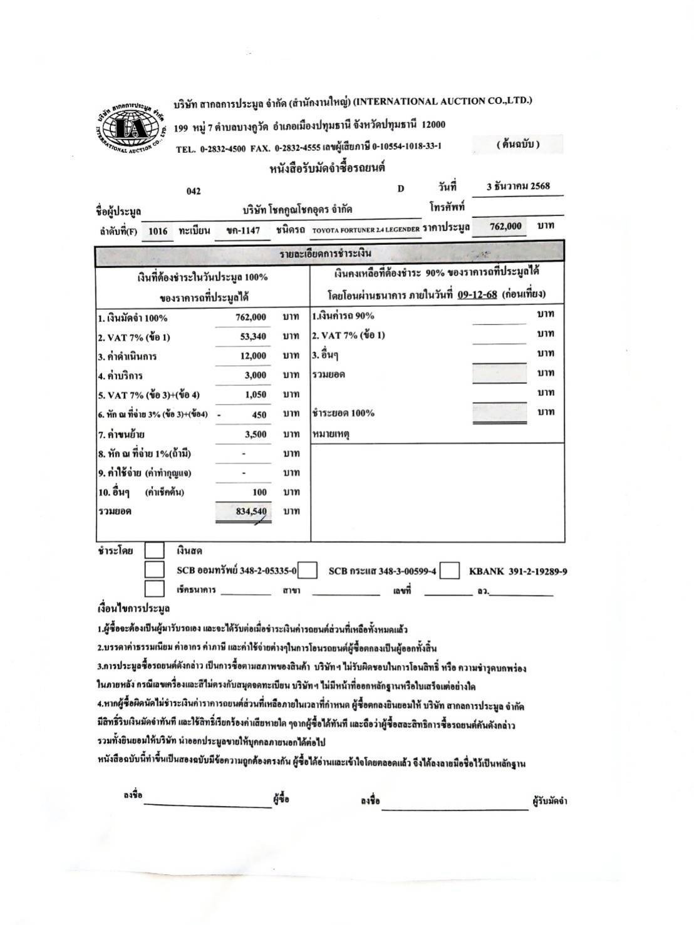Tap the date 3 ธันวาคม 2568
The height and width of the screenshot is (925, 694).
[518, 187]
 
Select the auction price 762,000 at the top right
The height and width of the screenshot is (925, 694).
[505, 226]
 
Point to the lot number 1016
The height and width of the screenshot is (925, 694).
[158, 231]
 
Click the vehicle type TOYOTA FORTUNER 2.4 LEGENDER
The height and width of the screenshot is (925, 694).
[366, 230]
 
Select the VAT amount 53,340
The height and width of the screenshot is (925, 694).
[253, 336]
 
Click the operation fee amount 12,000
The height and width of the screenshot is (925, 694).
[253, 356]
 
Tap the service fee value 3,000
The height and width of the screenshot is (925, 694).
[256, 375]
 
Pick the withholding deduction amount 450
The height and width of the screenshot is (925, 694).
[259, 415]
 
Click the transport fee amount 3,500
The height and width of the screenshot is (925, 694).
[256, 434]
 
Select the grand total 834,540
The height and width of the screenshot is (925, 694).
[251, 512]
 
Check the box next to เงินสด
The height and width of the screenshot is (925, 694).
[154, 551]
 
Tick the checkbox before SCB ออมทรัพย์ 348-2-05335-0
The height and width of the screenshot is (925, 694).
[154, 570]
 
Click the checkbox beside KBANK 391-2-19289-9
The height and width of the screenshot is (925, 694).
[449, 571]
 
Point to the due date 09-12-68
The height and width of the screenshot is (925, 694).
[477, 294]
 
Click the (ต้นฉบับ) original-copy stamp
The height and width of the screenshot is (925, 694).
[517, 145]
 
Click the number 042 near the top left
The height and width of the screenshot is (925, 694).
[194, 191]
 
